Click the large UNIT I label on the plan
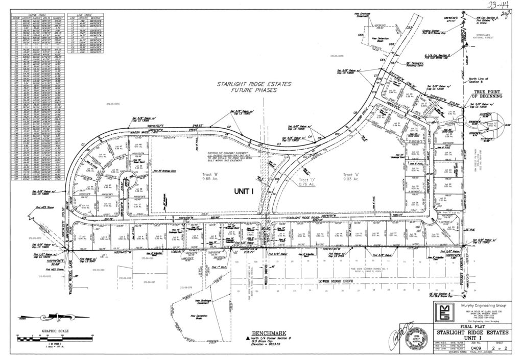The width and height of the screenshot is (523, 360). [x=244, y=190]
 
